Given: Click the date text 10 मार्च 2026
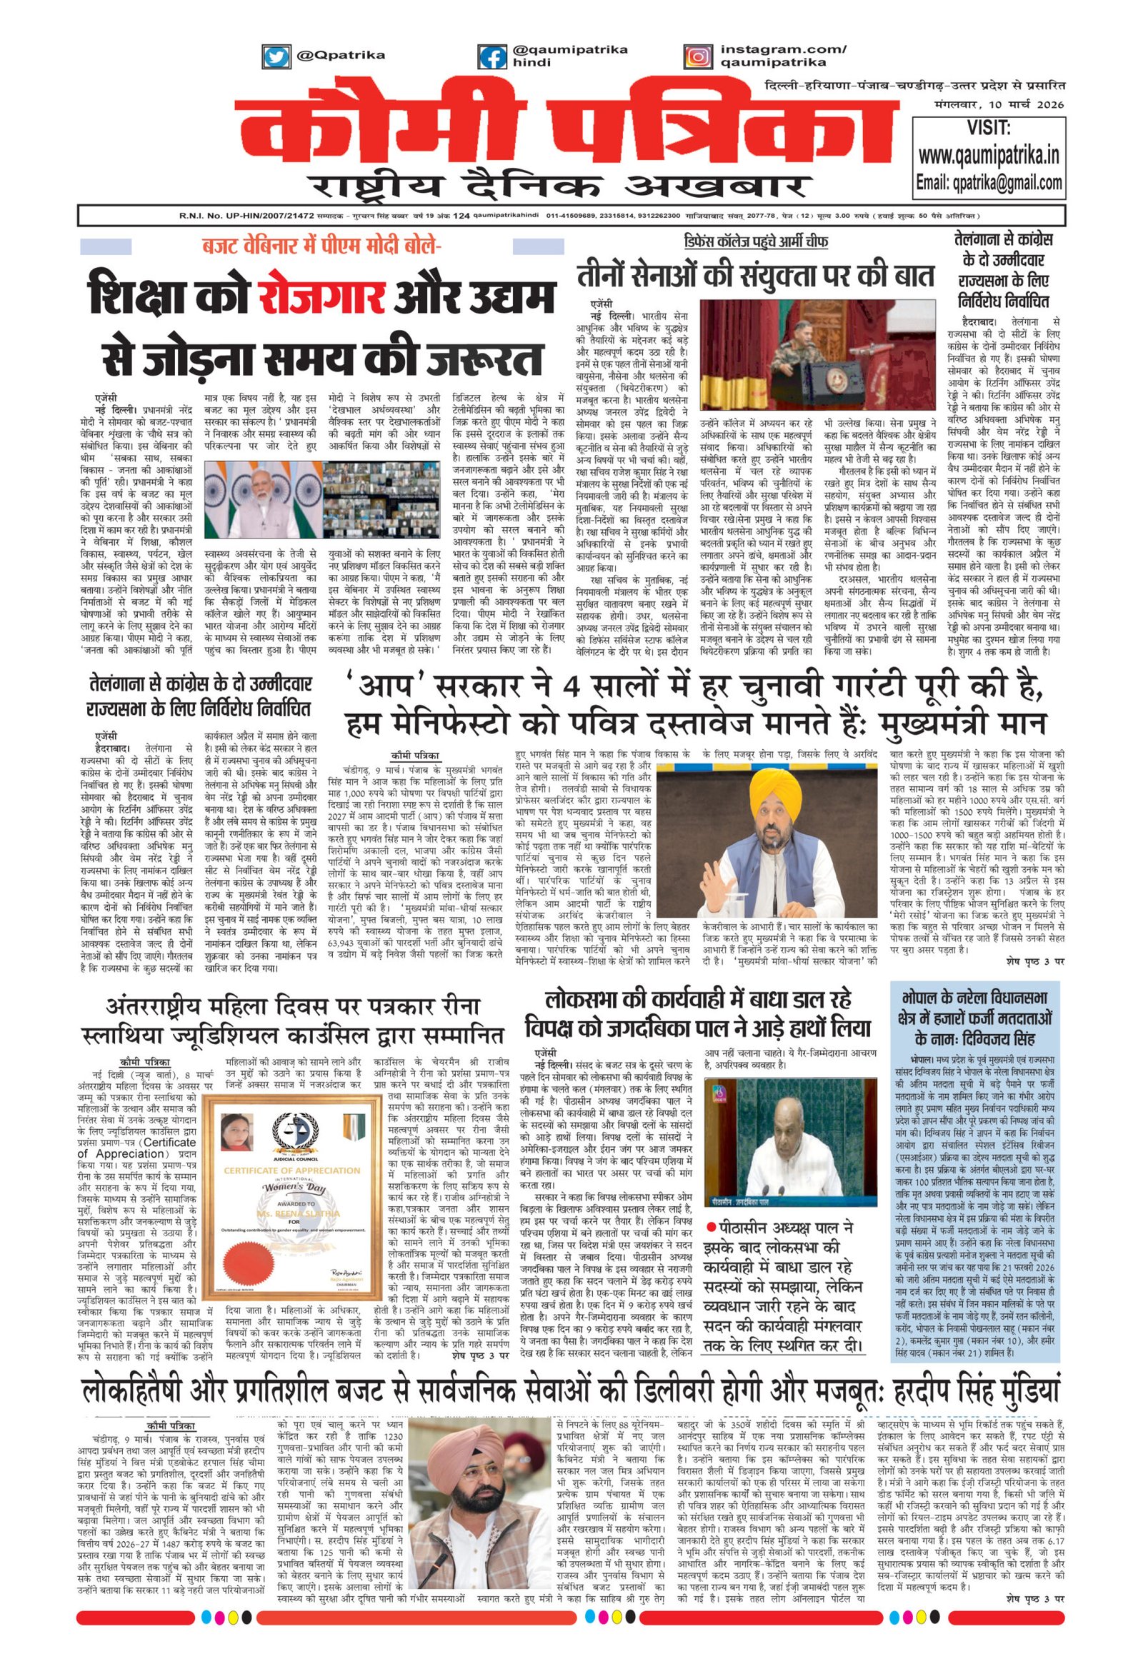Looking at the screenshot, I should click(x=1032, y=105).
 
